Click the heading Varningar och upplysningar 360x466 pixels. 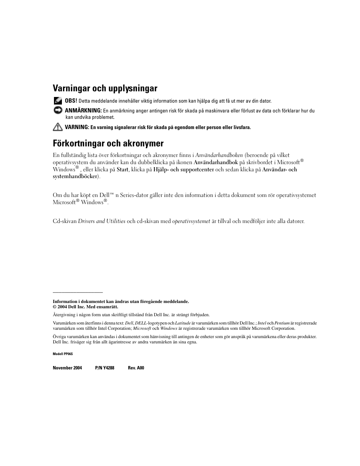click(x=105, y=88)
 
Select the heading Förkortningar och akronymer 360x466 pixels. click(x=108, y=143)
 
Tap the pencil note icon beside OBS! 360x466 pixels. click(x=57, y=101)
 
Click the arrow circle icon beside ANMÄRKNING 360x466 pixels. click(x=57, y=110)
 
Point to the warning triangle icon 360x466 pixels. click(x=57, y=127)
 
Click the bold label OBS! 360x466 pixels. click(x=71, y=101)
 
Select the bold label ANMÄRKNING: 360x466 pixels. click(x=83, y=111)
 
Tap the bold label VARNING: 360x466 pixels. click(x=77, y=127)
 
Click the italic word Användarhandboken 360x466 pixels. click(x=219, y=155)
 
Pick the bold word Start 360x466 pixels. click(x=122, y=169)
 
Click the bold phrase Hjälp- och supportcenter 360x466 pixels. click(x=183, y=169)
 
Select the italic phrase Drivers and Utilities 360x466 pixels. click(x=102, y=221)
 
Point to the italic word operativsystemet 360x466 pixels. click(x=191, y=221)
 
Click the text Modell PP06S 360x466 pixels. click(x=62, y=354)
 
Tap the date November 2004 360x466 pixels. click(x=67, y=368)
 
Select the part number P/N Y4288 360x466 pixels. click(x=105, y=368)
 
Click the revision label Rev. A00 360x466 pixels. click(x=136, y=368)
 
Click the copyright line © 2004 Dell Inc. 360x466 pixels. click(x=85, y=307)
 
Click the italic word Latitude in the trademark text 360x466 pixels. click(x=183, y=323)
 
